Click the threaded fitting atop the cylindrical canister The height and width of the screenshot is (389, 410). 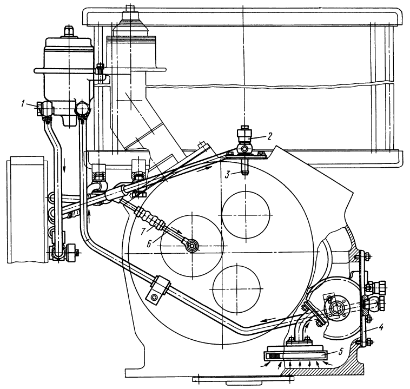pyautogui.click(x=69, y=28)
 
